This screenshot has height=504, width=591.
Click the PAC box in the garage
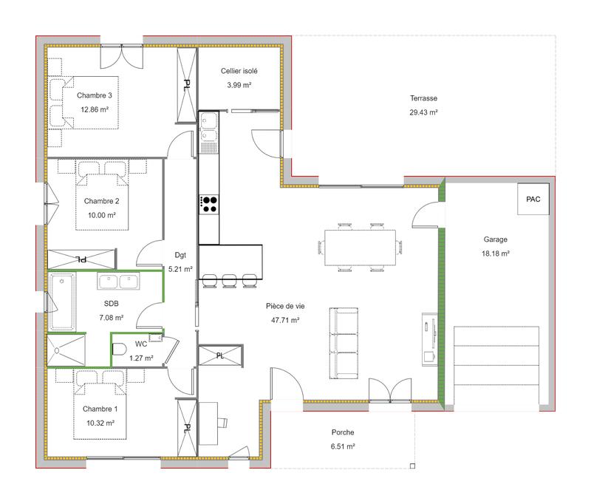[532, 200]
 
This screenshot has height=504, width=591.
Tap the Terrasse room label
[424, 98]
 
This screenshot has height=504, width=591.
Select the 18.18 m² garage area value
[496, 253]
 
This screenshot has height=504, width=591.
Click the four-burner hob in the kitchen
[209, 203]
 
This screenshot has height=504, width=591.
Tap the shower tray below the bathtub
[66, 350]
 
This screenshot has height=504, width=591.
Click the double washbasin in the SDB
[118, 282]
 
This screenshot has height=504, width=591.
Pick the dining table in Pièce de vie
[360, 245]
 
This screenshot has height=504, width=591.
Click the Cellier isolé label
[239, 71]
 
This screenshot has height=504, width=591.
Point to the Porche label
[343, 432]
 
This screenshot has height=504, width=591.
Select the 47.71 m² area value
[284, 320]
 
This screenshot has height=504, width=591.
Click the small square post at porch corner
[412, 466]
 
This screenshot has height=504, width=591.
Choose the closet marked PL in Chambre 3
[186, 84]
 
